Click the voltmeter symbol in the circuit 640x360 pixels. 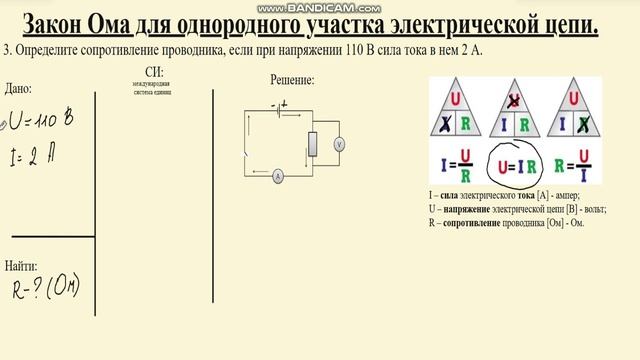tap(339, 145)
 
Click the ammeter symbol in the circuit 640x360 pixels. tap(277, 175)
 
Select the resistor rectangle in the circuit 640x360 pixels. tap(313, 144)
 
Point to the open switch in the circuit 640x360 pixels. tap(246, 156)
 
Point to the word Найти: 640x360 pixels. tap(21, 266)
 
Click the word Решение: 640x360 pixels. tap(292, 79)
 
